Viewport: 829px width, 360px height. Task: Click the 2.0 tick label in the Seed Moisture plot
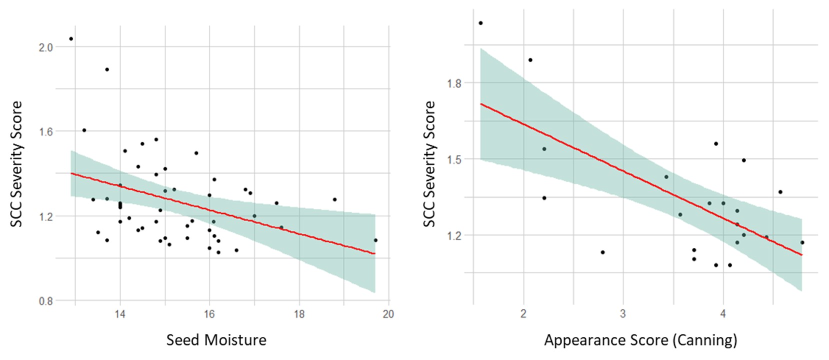point(46,47)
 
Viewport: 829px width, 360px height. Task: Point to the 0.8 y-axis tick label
point(46,301)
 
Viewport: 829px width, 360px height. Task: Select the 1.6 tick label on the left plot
point(46,131)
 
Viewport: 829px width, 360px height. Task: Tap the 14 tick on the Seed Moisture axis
point(120,314)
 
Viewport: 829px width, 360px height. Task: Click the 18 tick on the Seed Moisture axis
point(299,314)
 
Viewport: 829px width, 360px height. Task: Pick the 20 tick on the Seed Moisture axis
point(388,314)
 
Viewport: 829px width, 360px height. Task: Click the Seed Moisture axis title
point(216,340)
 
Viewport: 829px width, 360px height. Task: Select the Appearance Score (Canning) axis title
point(640,340)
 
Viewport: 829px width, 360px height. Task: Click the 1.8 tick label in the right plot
point(454,83)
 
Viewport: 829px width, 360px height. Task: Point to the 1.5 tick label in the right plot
point(454,159)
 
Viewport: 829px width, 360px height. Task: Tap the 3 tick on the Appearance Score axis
point(623,314)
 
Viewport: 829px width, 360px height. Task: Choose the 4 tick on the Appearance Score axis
point(723,314)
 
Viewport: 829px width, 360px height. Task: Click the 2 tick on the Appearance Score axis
point(523,314)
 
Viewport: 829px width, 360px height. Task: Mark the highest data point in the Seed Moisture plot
point(71,39)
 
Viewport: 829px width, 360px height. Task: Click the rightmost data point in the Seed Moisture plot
point(375,240)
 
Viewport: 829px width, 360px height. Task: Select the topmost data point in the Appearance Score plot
point(480,23)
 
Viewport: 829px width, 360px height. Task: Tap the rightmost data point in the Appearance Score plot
point(802,242)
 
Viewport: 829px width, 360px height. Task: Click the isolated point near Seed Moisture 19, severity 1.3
point(334,199)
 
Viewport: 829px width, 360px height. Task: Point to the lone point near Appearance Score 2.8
point(602,252)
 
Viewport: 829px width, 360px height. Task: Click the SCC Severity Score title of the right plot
point(429,163)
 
